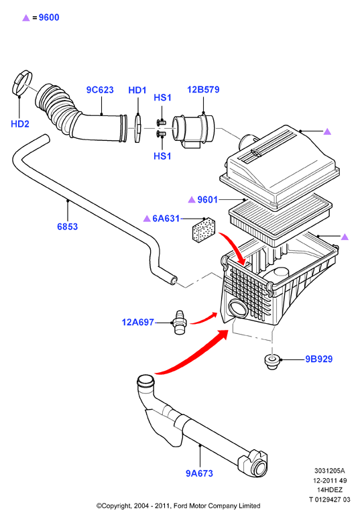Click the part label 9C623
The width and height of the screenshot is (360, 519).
[100, 90]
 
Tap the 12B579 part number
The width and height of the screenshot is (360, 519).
[203, 90]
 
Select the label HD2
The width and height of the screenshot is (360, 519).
[20, 124]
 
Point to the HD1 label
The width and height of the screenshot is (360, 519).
[137, 91]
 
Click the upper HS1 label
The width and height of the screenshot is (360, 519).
[162, 98]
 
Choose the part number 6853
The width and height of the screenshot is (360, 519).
[68, 227]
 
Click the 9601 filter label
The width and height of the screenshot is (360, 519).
[207, 200]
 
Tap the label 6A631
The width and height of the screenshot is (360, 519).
[166, 219]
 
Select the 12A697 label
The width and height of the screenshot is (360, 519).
[138, 322]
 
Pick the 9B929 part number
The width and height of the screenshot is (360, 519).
[318, 359]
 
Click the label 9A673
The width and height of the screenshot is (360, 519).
[199, 473]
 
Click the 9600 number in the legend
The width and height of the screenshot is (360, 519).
[49, 17]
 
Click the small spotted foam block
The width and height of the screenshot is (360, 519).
[204, 230]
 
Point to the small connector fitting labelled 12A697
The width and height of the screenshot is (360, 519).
[180, 323]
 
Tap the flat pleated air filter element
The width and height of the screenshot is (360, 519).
[280, 219]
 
